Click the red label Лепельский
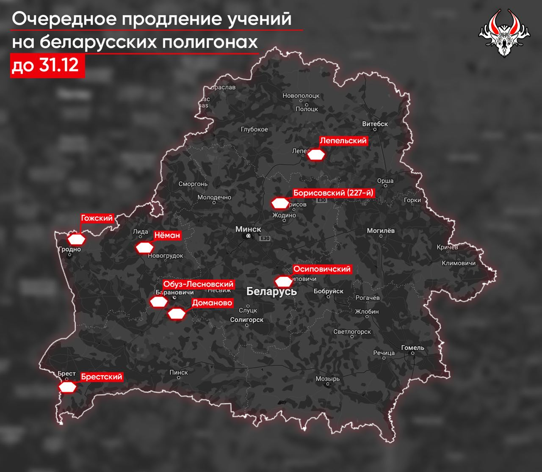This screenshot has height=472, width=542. pos(343,141)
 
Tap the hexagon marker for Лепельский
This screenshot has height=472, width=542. pos(316,155)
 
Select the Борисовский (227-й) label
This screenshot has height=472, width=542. pos(334,193)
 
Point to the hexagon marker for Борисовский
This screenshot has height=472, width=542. pos(280,204)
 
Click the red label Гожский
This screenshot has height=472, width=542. pos(97,218)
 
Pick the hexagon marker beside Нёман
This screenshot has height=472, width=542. pos(144,248)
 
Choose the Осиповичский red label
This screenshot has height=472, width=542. pos(322,269)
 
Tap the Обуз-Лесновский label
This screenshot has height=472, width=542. pos(198,284)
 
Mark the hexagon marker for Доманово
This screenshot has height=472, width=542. pos(177,314)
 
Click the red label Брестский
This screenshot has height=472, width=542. pos(102,377)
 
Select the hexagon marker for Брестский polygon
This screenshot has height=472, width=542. pos(68,387)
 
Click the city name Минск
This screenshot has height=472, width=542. pos(248,229)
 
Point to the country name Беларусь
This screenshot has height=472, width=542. pos(271,291)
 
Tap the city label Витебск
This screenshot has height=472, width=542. pos(375,124)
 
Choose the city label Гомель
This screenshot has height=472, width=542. pos(412,348)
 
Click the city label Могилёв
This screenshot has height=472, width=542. pos(381,231)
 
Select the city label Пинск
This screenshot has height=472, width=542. pos(178,372)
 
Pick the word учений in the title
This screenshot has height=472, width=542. pos(261,19)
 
